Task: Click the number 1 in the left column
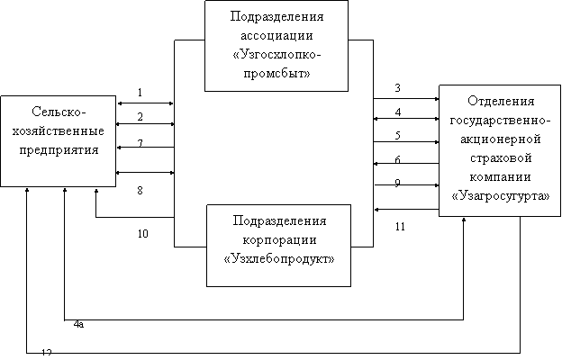[x=140, y=93]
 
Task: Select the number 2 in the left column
[x=140, y=117]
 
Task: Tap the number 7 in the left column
[x=140, y=143]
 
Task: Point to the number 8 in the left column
[x=140, y=191]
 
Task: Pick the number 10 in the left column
[x=142, y=233]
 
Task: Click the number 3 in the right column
[x=397, y=88]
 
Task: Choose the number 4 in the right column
[x=397, y=112]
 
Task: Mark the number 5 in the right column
[x=397, y=136]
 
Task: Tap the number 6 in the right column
[x=397, y=159]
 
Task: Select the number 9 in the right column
[x=397, y=183]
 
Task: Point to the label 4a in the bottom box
[x=78, y=323]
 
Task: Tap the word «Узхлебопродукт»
[x=278, y=258]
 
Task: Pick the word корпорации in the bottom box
[x=278, y=239]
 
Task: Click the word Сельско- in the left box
[x=59, y=112]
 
